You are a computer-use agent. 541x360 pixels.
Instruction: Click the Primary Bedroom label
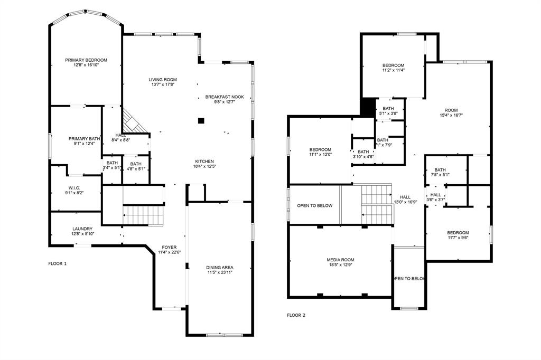click(x=86, y=60)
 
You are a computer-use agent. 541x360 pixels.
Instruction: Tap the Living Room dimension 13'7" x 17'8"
click(x=162, y=84)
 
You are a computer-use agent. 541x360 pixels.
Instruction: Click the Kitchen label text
click(x=204, y=162)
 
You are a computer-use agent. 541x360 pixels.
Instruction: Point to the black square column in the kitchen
click(x=201, y=121)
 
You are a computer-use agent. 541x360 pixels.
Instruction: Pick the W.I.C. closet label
click(x=74, y=188)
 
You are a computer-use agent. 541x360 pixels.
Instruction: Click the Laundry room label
click(x=82, y=229)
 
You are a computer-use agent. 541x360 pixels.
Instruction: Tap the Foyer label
click(x=169, y=247)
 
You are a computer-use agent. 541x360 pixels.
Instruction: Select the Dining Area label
click(x=219, y=267)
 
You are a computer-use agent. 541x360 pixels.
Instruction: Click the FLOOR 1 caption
click(x=58, y=263)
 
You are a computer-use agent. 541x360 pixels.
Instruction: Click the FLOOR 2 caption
click(x=296, y=315)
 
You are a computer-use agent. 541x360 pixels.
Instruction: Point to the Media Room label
click(x=340, y=260)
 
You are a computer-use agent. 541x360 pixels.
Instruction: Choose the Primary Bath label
click(x=81, y=139)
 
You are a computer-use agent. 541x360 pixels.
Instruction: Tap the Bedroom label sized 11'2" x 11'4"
click(x=393, y=65)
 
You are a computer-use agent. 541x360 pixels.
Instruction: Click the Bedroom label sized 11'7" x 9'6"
click(x=458, y=233)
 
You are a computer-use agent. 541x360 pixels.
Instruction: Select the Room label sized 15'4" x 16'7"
click(x=451, y=110)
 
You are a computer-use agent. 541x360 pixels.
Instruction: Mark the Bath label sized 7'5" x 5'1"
click(x=440, y=169)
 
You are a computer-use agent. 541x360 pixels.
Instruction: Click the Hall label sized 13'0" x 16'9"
click(x=405, y=197)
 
